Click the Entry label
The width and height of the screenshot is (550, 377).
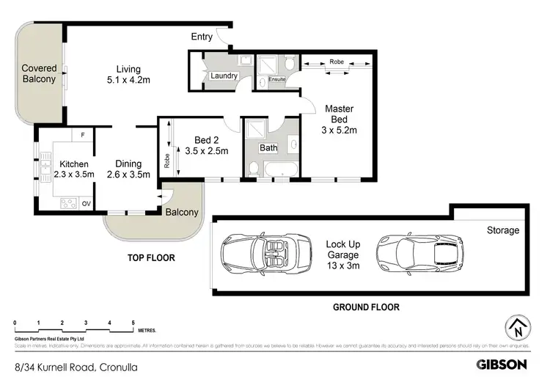(x=202, y=37)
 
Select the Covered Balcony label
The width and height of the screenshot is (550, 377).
(x=38, y=73)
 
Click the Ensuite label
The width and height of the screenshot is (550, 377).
(x=277, y=78)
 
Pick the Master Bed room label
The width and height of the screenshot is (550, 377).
(x=340, y=120)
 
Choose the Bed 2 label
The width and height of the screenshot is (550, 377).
(x=207, y=145)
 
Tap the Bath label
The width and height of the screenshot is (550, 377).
(x=269, y=147)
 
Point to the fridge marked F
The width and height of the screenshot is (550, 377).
(x=83, y=135)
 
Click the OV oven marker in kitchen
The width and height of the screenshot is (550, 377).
(x=85, y=203)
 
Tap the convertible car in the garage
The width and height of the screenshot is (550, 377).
(x=258, y=252)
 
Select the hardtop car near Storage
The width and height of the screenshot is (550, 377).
(x=417, y=252)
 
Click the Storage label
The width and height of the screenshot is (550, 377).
(x=503, y=230)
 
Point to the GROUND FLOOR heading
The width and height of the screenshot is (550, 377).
(x=366, y=307)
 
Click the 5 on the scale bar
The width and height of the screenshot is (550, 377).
(x=133, y=323)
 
